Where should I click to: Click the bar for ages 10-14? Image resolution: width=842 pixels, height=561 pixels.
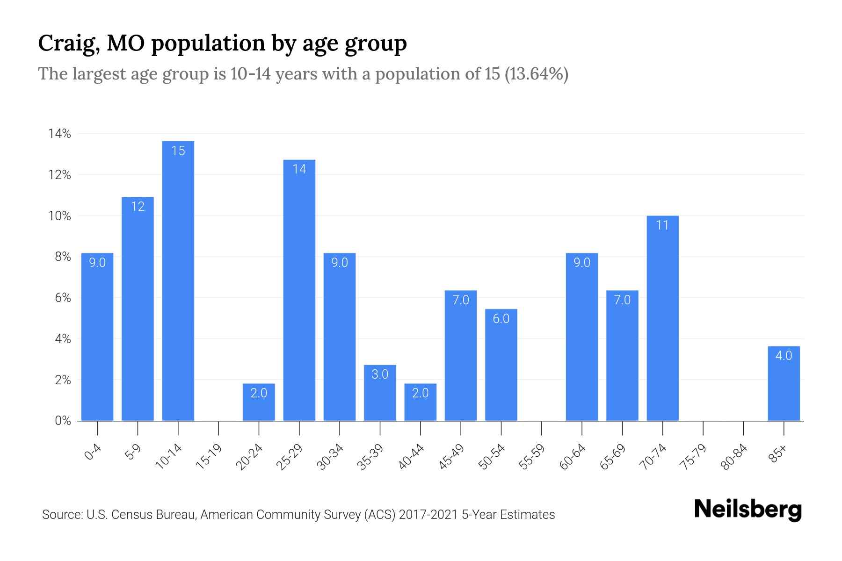(178, 280)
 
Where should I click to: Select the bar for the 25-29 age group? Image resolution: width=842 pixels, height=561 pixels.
(299, 290)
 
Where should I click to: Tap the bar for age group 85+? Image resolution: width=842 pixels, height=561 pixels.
(784, 383)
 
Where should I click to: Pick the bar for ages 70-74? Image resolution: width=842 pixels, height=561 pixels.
(662, 318)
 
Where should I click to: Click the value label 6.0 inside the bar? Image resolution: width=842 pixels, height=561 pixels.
(501, 319)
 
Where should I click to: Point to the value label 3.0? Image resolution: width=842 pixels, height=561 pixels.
(380, 374)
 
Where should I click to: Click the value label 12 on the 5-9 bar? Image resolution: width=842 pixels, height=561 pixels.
(138, 207)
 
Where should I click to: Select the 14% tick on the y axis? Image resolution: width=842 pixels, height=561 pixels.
(59, 134)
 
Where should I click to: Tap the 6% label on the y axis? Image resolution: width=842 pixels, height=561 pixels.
(63, 298)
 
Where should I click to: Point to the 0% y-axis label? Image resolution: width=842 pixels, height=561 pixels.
(63, 421)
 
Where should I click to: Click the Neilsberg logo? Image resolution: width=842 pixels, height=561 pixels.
(748, 510)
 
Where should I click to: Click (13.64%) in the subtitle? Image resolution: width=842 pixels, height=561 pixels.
(536, 74)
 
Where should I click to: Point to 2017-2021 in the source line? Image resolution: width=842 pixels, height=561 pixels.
(428, 515)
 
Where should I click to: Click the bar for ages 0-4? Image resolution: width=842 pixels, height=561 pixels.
(97, 337)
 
